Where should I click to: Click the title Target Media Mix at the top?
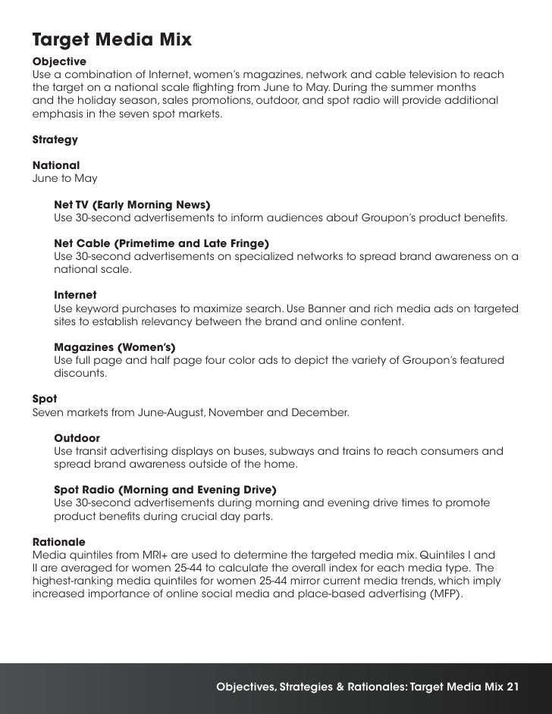tap(111, 37)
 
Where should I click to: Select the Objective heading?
tap(59, 61)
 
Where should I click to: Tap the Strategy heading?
tap(55, 139)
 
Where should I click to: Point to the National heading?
tap(56, 165)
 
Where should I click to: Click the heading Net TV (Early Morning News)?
tap(132, 205)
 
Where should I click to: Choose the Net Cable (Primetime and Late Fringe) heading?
tap(162, 244)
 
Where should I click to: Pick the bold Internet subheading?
tap(75, 294)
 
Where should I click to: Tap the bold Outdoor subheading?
tap(77, 438)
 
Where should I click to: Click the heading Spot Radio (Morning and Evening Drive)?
tap(165, 490)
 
